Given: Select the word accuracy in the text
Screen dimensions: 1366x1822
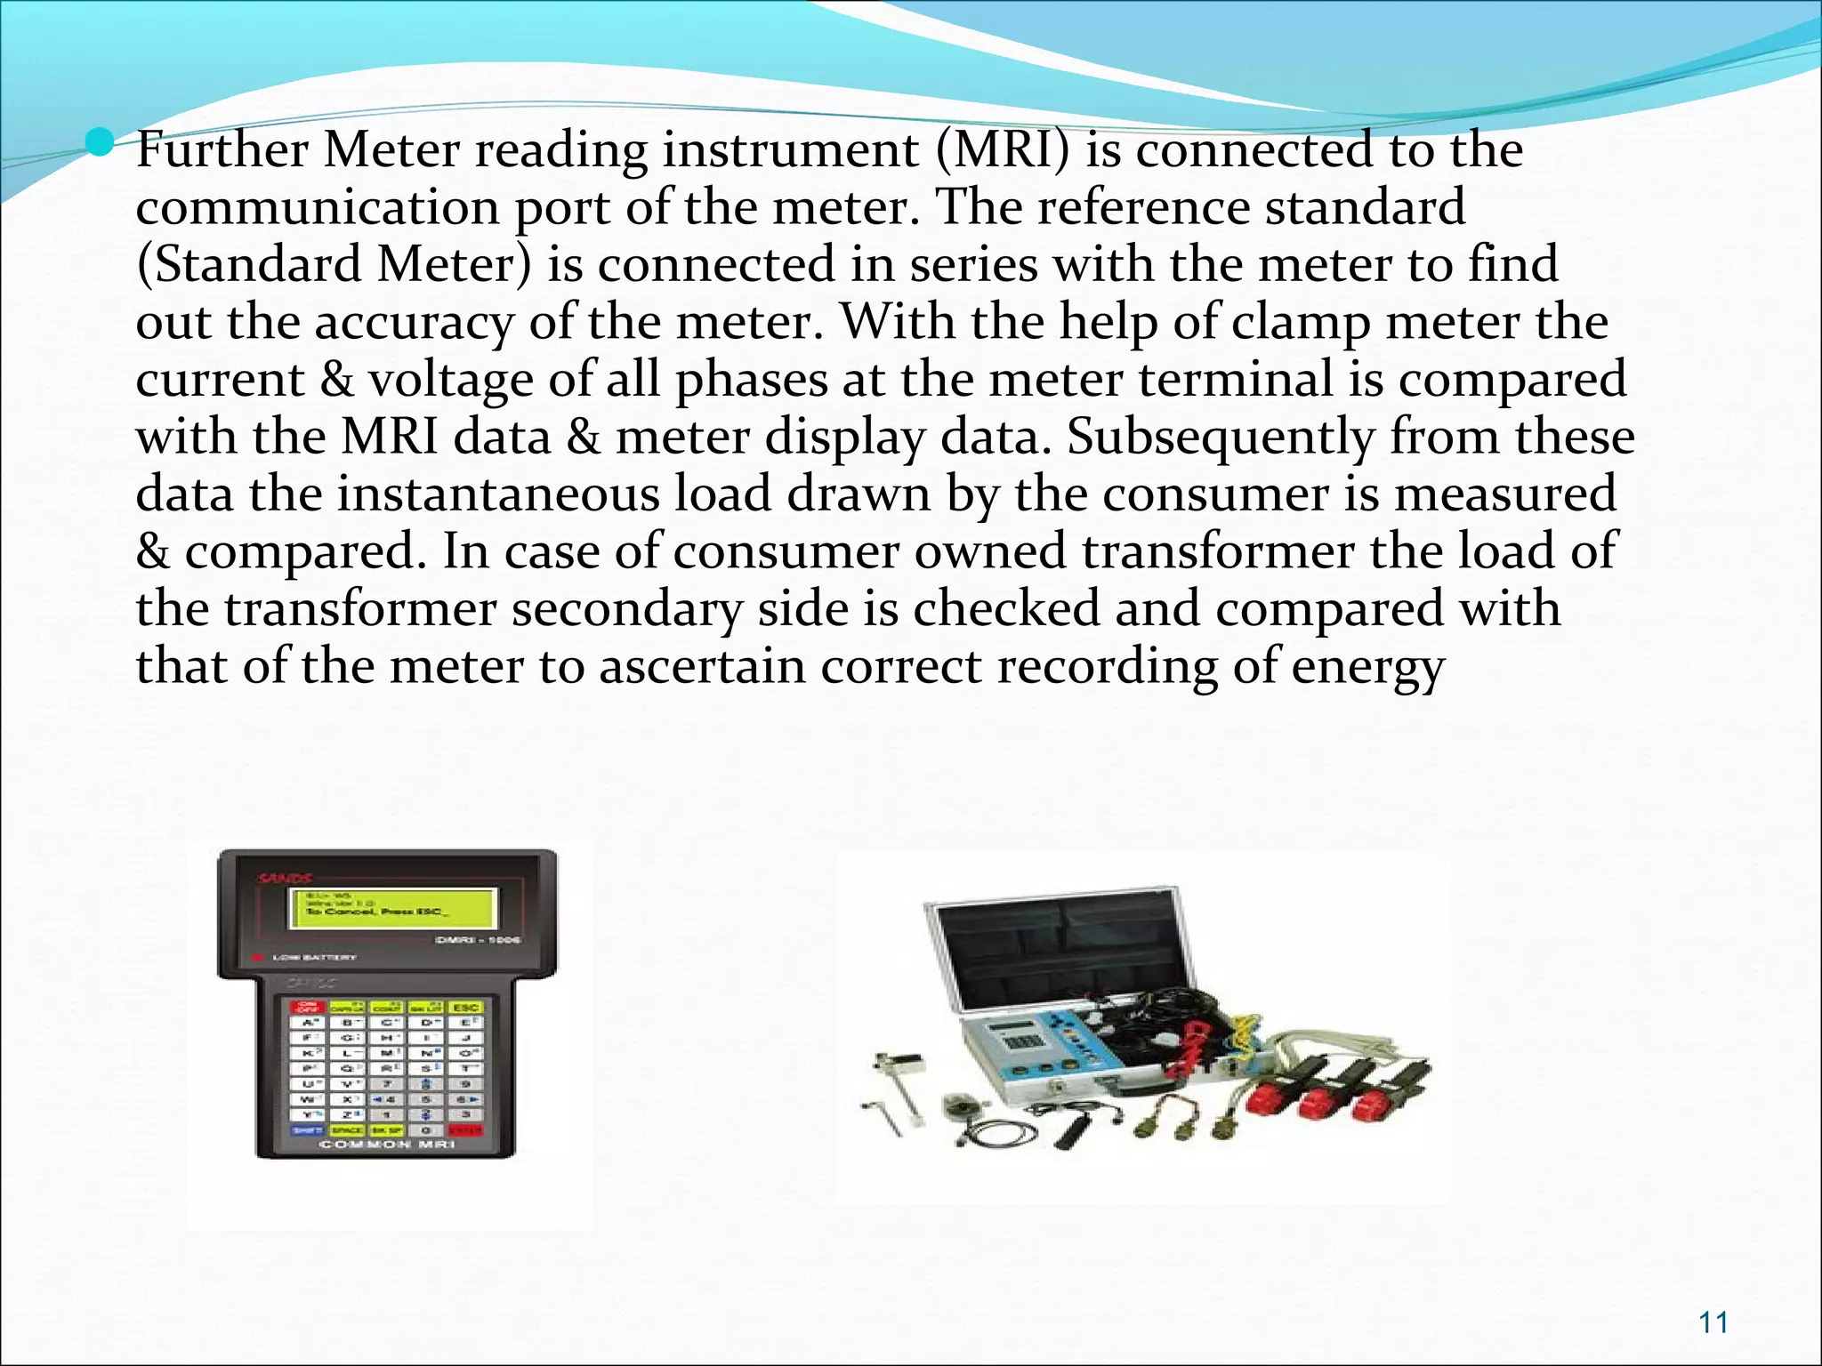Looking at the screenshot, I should tap(415, 321).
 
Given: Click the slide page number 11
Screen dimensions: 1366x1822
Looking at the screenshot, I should tap(1713, 1322).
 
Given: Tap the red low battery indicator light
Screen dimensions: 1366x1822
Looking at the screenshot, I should tap(258, 958).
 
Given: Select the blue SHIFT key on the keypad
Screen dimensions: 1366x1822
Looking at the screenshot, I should tap(308, 1129).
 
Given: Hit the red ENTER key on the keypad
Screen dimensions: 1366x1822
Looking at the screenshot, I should tap(466, 1129).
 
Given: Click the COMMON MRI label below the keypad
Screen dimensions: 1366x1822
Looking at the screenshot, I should tap(387, 1145).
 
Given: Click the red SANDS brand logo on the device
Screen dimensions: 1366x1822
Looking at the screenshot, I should tap(285, 879).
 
